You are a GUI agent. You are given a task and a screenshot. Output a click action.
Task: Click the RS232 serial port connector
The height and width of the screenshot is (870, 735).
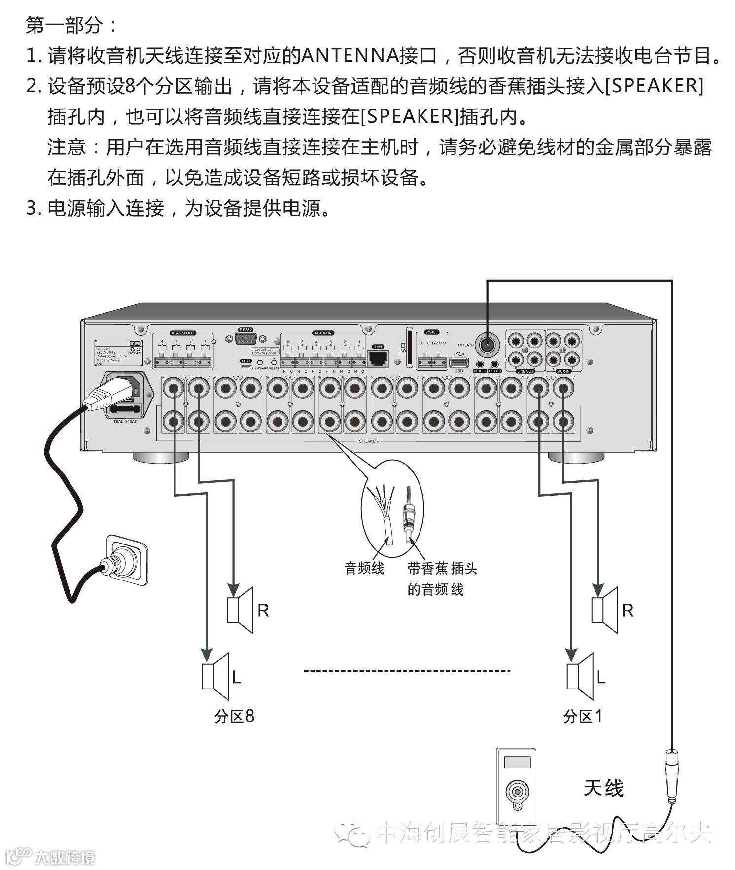point(245,339)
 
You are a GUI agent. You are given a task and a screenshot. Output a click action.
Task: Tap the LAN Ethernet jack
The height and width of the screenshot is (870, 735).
point(378,359)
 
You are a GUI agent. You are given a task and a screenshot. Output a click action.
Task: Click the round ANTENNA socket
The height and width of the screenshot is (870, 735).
point(487,344)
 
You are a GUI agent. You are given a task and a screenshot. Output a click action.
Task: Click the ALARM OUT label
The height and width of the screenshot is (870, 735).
point(183,333)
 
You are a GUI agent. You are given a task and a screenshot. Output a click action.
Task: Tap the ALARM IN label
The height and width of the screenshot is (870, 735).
point(323,333)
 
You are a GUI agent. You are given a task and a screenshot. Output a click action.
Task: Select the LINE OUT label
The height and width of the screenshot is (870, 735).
point(525,371)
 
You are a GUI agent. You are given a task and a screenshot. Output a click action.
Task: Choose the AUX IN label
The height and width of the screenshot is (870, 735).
point(563,371)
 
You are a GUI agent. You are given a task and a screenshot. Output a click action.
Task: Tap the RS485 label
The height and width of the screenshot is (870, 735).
point(432,332)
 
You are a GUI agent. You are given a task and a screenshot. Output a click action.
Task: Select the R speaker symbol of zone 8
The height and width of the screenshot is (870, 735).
point(240,610)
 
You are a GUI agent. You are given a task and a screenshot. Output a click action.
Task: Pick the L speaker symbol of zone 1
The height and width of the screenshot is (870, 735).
point(580,677)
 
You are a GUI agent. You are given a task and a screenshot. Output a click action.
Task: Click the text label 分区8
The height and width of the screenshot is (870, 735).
point(234,716)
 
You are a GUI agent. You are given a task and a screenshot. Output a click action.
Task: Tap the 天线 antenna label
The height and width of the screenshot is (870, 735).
point(603,788)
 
